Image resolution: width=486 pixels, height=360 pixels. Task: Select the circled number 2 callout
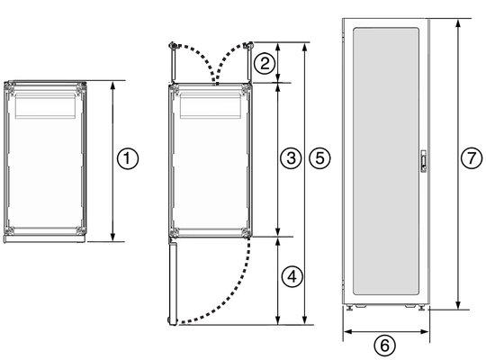pyautogui.click(x=264, y=63)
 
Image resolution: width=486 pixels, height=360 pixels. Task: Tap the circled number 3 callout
pyautogui.click(x=289, y=158)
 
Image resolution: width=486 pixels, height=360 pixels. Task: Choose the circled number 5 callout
pyautogui.click(x=317, y=158)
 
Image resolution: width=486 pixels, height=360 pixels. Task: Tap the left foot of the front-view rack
pyautogui.click(x=349, y=308)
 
